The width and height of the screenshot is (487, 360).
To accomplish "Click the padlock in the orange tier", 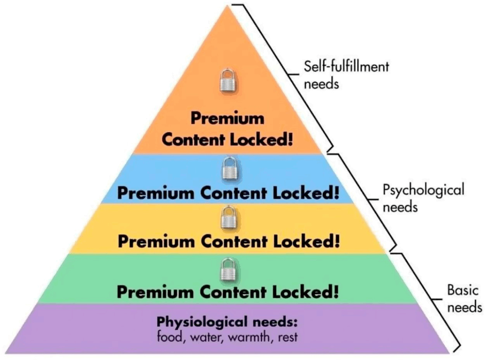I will pos(228,80).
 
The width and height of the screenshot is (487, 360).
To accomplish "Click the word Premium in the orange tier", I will pos(227,118).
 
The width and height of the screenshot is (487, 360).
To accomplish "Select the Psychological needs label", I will pos(423,198).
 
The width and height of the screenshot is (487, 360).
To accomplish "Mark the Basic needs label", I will pos(464,298).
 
